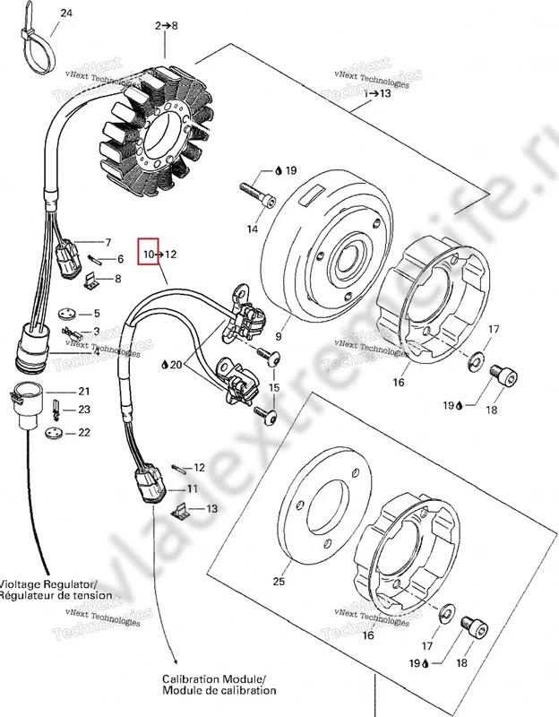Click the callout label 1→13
coord(377,93)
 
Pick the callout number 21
coord(83,392)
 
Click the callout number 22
coord(83,433)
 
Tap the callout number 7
coord(107,243)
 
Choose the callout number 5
coord(97,313)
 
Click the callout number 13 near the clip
coord(211,509)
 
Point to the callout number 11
coord(191,488)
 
